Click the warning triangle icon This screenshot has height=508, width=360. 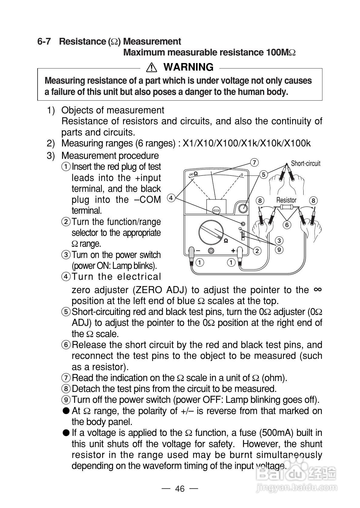pos(151,67)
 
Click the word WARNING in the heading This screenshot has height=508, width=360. pos(188,67)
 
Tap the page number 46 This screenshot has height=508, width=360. pos(180,489)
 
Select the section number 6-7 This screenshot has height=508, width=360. pos(44,42)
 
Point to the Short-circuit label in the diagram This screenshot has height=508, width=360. pos(305,164)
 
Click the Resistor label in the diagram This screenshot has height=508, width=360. pos(286,200)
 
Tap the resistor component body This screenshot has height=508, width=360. pos(286,207)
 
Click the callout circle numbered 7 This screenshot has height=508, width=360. pos(255,162)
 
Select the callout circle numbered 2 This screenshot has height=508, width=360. pos(257,251)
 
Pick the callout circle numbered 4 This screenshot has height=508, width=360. pos(171,198)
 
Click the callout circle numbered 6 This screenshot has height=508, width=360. pos(287,225)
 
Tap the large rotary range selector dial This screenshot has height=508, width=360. pos(212,233)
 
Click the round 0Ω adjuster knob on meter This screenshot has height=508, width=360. pos(243,209)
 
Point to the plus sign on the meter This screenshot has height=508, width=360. pos(233,251)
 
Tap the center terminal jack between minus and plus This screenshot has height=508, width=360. pos(211,251)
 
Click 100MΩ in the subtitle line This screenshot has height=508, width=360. pos(281,52)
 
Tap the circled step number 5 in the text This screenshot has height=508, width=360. pos(66,312)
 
